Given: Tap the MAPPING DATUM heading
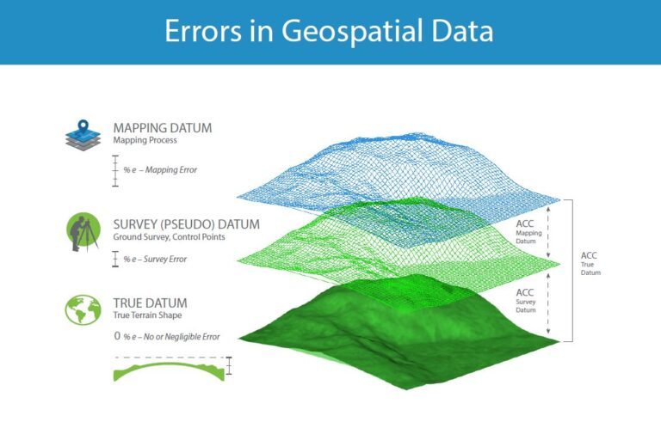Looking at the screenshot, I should pos(162,128).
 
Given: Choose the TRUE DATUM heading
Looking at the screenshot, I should pos(150,303).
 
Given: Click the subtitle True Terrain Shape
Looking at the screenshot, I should pos(146,315).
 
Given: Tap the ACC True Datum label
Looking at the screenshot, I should pos(590,263).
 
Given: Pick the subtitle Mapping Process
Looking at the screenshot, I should pos(144,140).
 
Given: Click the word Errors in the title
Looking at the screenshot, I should pos(203,32).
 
